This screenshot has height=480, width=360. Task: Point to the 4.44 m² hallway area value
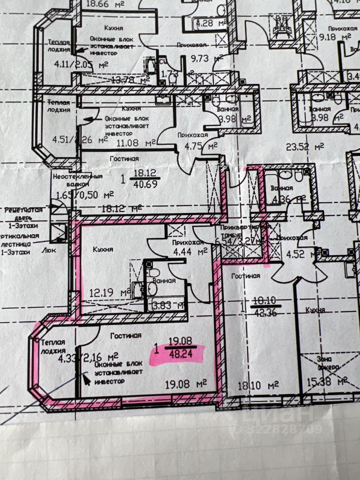coord(190,251)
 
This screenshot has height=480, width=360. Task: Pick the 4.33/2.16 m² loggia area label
coord(88,358)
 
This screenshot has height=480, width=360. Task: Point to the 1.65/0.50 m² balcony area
coord(85,195)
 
